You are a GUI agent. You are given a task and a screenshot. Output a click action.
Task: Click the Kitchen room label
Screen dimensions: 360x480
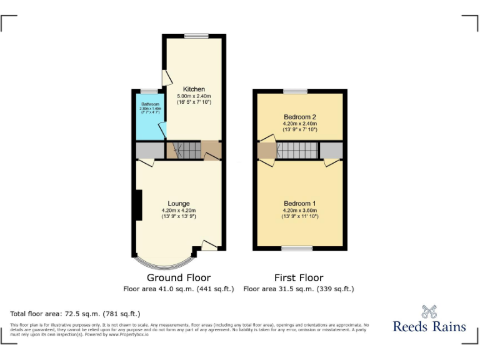point(194,89)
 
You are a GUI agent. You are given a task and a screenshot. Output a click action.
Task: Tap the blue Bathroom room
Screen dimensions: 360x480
point(149,119)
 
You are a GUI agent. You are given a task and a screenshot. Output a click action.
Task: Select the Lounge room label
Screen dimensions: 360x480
point(179,203)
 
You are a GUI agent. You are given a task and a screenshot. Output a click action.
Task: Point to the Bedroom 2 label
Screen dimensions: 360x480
point(299,117)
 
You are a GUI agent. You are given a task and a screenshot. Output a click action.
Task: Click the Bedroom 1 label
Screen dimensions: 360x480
point(299,203)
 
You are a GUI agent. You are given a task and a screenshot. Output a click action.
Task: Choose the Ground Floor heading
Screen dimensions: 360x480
point(179,277)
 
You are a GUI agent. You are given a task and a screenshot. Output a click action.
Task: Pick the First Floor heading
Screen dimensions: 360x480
point(299,277)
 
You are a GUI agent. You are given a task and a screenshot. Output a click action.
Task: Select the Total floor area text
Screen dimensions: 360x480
point(76,313)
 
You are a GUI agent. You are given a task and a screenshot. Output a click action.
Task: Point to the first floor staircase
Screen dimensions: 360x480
point(297,151)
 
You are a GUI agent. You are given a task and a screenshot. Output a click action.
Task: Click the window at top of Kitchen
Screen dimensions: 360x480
point(196,35)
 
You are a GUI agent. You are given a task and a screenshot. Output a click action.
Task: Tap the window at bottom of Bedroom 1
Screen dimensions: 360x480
point(297,249)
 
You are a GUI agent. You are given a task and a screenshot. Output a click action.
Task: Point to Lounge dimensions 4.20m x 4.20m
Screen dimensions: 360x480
point(179,211)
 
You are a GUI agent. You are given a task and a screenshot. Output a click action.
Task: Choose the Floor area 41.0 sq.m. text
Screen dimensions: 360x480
point(179,289)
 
